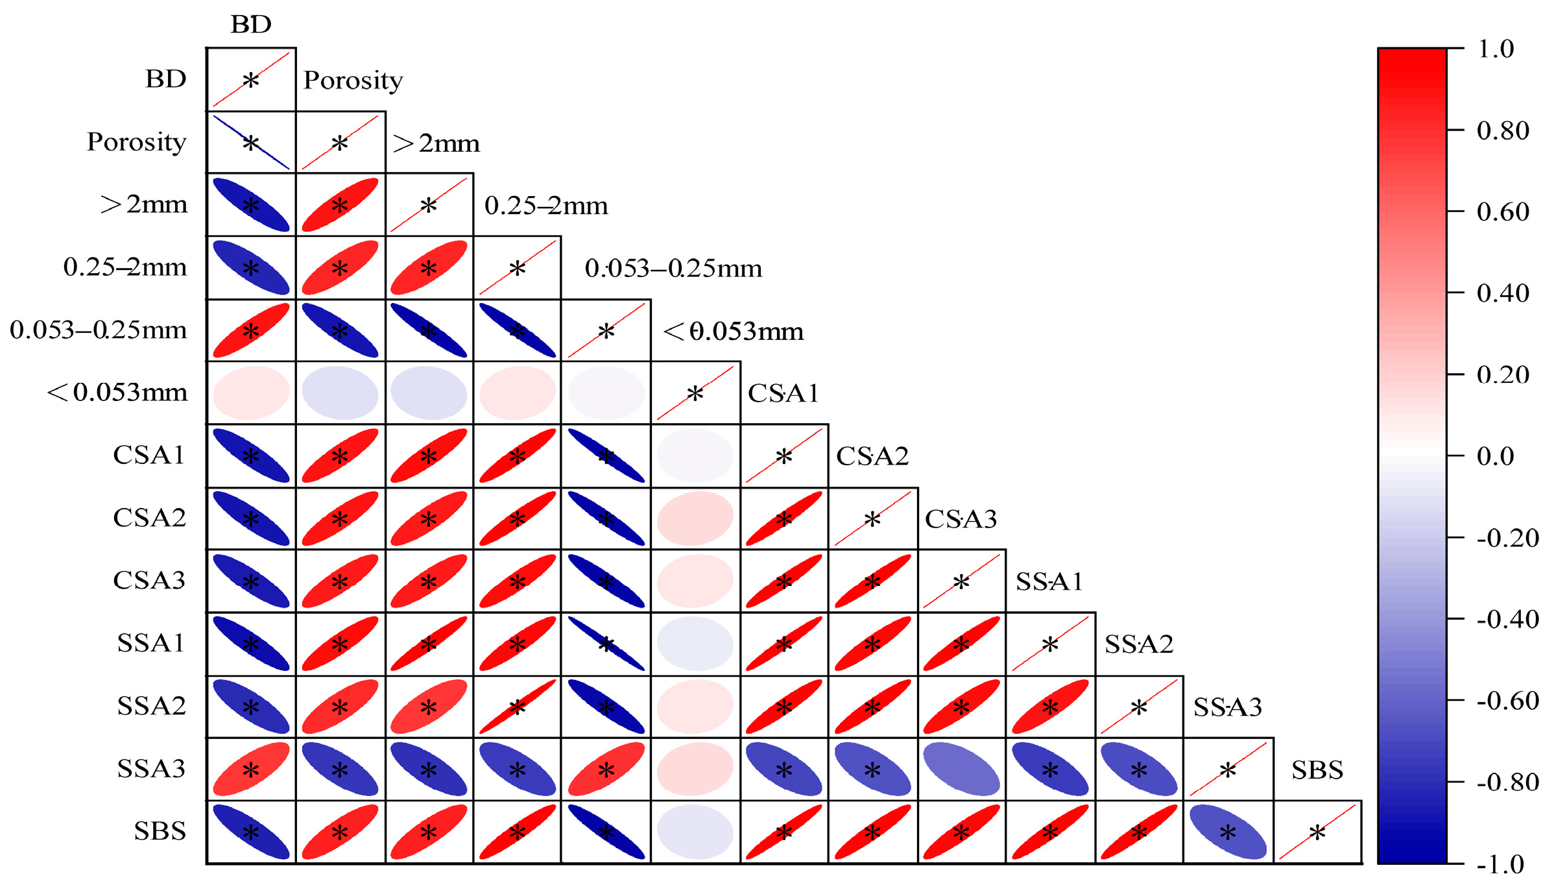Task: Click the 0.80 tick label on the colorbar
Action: [1502, 130]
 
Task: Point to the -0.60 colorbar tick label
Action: [1507, 701]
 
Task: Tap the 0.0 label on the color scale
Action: [1495, 456]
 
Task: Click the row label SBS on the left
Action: [160, 831]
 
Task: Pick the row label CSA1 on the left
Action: [149, 455]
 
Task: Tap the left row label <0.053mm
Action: [117, 393]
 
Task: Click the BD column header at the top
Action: [251, 25]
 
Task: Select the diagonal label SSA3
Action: [1228, 707]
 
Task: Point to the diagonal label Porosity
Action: [353, 80]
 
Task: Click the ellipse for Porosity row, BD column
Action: [251, 142]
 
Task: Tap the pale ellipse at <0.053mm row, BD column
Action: [251, 393]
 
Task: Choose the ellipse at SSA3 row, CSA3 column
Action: [961, 770]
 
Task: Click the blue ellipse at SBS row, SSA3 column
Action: [1228, 832]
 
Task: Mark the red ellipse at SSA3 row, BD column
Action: [251, 770]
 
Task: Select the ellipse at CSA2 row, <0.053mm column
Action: [695, 518]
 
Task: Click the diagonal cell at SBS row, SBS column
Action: [1317, 832]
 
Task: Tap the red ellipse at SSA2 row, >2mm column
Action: [428, 707]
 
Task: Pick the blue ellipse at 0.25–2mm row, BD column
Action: [251, 267]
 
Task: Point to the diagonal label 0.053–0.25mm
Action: [673, 269]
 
